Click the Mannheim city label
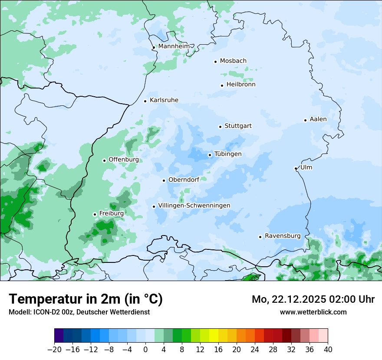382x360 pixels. tap(174, 46)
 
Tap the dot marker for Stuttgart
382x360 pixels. tap(220, 127)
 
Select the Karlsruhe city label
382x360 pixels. tap(164, 100)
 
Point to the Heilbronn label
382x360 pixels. tap(241, 85)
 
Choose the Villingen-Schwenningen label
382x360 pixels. tap(194, 206)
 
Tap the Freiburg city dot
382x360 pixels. tap(95, 214)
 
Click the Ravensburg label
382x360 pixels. tap(282, 236)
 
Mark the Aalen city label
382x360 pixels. tap(318, 119)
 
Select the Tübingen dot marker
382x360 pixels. tap(210, 155)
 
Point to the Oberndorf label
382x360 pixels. tap(184, 180)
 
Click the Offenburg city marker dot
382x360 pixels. tap(104, 160)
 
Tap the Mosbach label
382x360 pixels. tap(233, 61)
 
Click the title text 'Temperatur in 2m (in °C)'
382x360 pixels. tap(86, 299)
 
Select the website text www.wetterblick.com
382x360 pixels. tap(313, 312)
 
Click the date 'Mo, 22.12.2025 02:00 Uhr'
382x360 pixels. tap(313, 299)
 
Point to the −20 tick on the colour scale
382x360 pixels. tap(54, 350)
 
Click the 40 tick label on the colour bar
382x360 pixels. tap(328, 350)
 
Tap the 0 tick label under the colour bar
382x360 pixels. tap(145, 350)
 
